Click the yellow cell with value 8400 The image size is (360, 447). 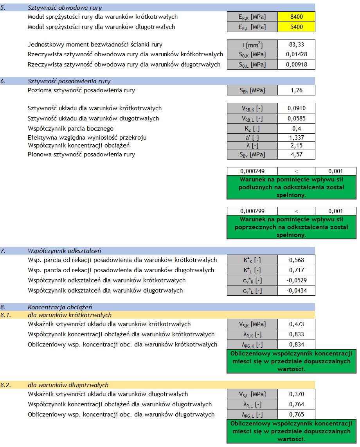tap(296, 17)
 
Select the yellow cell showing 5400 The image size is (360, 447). tap(296, 27)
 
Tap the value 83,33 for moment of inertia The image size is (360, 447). tap(296, 45)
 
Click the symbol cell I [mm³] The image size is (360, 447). tap(252, 45)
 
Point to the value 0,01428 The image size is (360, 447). tap(296, 54)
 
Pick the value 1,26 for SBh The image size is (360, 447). tap(296, 90)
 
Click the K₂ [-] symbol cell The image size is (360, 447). tap(252, 129)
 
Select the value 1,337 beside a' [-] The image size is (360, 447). tap(296, 137)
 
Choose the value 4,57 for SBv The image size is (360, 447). tap(296, 154)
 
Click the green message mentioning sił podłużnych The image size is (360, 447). tap(292, 187)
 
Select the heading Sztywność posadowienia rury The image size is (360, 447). tap(69, 81)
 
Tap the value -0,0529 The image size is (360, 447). tap(296, 280)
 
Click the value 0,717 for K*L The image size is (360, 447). tap(296, 270)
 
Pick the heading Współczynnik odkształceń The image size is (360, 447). tap(65, 251)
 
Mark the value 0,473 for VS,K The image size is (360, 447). tap(296, 324)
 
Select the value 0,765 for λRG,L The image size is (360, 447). tap(296, 415)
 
